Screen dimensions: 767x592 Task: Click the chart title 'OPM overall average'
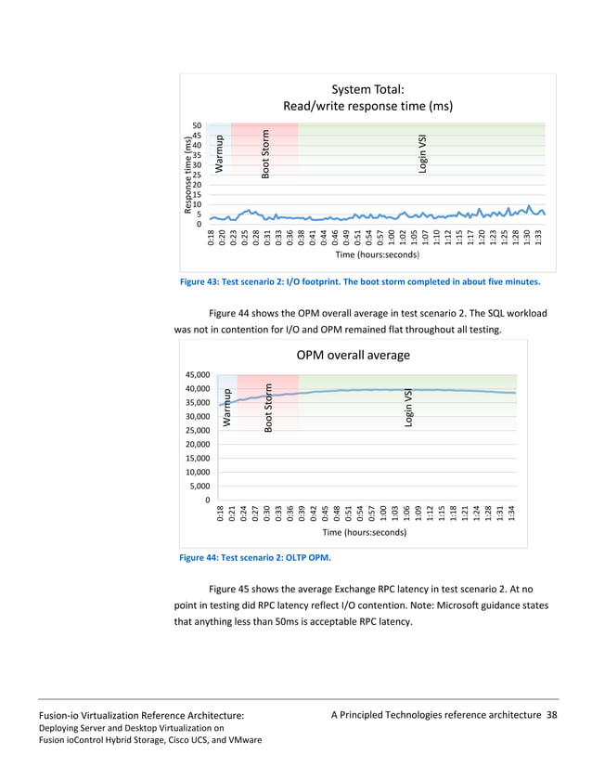coord(353,355)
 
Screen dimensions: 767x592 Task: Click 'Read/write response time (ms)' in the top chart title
coord(367,106)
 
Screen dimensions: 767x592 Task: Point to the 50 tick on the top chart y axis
coord(196,124)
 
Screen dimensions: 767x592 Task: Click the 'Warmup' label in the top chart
coord(220,153)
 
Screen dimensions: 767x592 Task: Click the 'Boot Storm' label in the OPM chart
coord(268,408)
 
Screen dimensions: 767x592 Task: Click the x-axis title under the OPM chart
coord(364,533)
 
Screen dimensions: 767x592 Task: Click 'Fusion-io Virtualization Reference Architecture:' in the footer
coord(141,715)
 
